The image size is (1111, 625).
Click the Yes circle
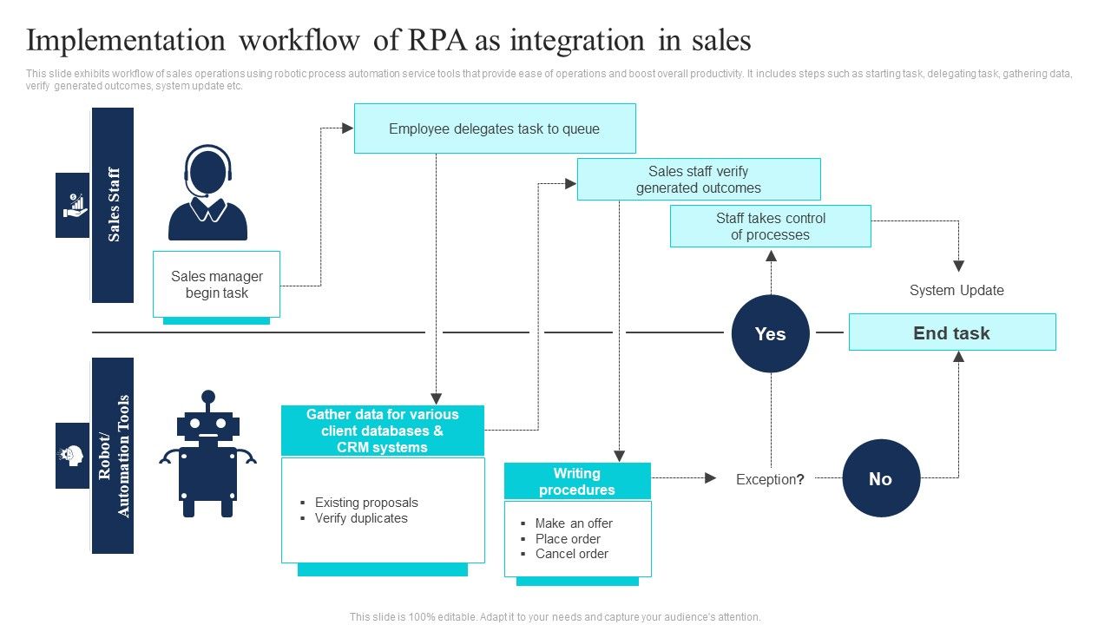point(770,334)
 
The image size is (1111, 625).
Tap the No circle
point(880,478)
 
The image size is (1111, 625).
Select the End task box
point(951,332)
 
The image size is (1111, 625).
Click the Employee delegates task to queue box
point(495,128)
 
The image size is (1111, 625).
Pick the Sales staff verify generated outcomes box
point(698,180)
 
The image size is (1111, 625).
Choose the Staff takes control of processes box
point(770,227)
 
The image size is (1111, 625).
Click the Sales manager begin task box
point(216,285)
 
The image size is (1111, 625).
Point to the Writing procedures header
point(577,481)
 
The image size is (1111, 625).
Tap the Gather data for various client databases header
point(383,431)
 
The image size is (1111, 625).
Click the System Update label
point(957,290)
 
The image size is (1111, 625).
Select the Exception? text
point(770,479)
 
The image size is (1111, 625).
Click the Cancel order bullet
point(571,554)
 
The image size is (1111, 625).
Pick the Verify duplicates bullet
point(361,518)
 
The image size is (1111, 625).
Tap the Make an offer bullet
point(574,523)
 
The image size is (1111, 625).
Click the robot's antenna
point(207,399)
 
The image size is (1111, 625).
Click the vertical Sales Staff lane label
point(113,205)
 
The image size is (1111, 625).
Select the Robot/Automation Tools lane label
point(113,456)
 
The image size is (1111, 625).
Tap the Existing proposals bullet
point(366,503)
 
